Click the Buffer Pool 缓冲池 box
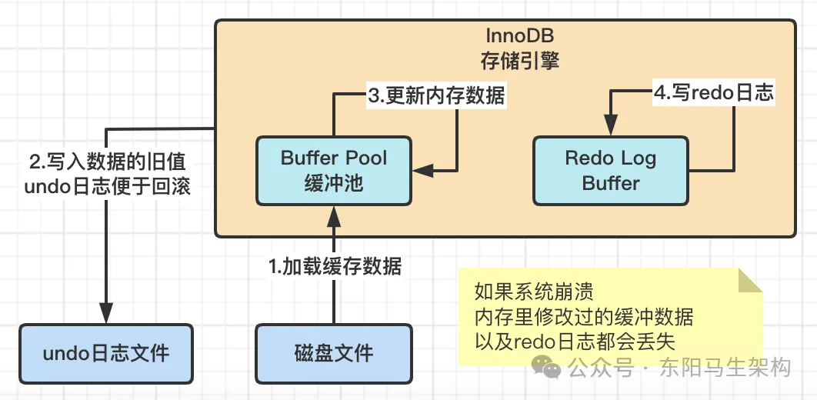click(x=334, y=171)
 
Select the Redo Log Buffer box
click(x=610, y=171)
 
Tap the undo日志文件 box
click(x=105, y=353)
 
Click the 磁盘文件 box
click(x=334, y=353)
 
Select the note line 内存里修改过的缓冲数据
click(x=584, y=316)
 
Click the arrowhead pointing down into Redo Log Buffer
click(x=610, y=127)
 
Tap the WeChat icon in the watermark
click(x=552, y=370)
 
